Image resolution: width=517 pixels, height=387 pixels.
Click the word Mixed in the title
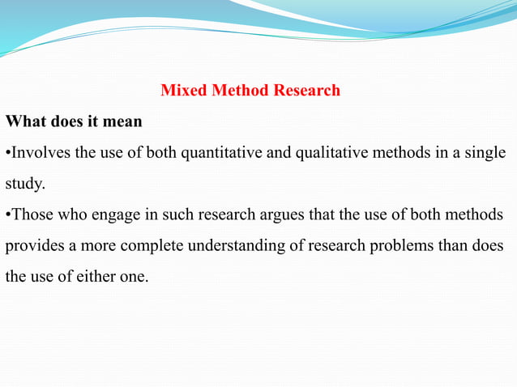click(184, 90)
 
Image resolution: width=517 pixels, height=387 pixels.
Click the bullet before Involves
click(7, 153)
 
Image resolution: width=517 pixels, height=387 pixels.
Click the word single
click(485, 153)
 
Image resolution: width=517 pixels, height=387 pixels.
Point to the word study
click(23, 184)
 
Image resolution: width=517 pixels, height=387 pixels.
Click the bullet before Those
click(7, 215)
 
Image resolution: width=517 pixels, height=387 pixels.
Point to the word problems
click(397, 245)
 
